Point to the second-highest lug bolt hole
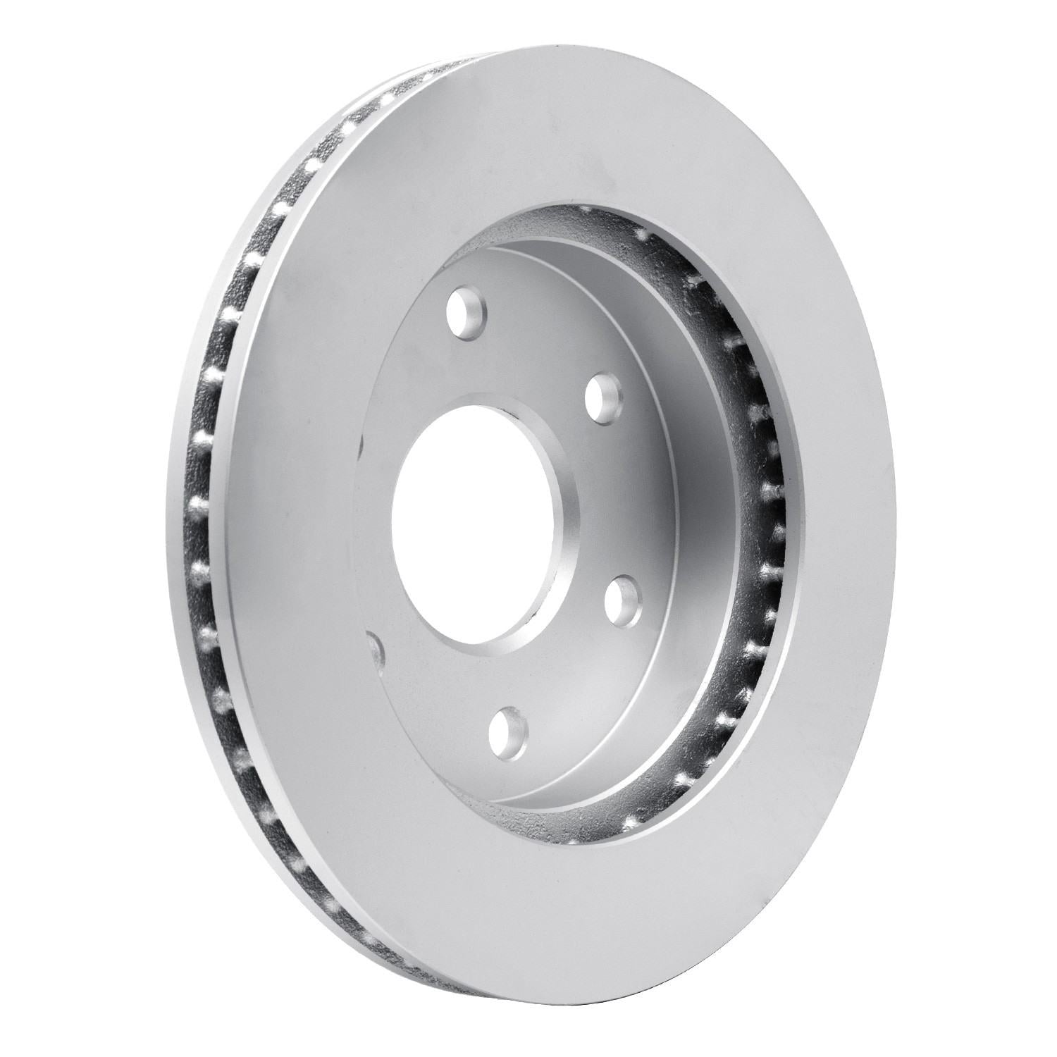click(x=605, y=397)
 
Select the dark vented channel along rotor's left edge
click(x=211, y=493)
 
